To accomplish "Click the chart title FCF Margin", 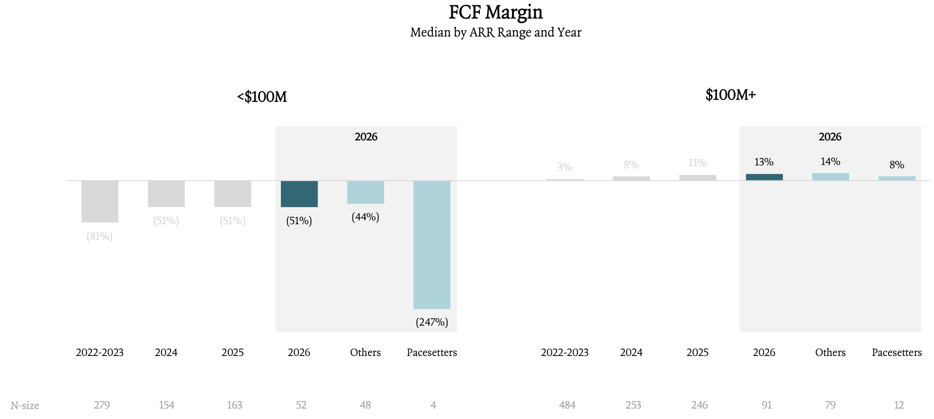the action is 495,12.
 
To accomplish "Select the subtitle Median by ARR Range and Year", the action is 495,32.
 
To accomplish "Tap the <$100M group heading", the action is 262,97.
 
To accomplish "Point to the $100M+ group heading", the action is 730,95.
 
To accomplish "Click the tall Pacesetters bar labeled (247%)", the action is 432,245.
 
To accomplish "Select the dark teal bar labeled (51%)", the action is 299,194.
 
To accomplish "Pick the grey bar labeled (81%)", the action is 100,201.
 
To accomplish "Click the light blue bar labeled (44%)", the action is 366,192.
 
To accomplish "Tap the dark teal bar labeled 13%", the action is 764,177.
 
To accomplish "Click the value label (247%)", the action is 432,322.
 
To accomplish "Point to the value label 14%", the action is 831,162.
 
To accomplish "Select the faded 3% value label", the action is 565,167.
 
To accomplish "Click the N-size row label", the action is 25,405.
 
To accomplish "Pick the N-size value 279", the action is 102,405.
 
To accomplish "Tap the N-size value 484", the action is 567,405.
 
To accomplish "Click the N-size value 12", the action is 899,405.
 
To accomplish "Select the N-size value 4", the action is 433,405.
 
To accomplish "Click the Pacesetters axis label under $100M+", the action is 897,352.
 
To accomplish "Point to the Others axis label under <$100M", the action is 366,352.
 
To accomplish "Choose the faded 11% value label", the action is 698,163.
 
